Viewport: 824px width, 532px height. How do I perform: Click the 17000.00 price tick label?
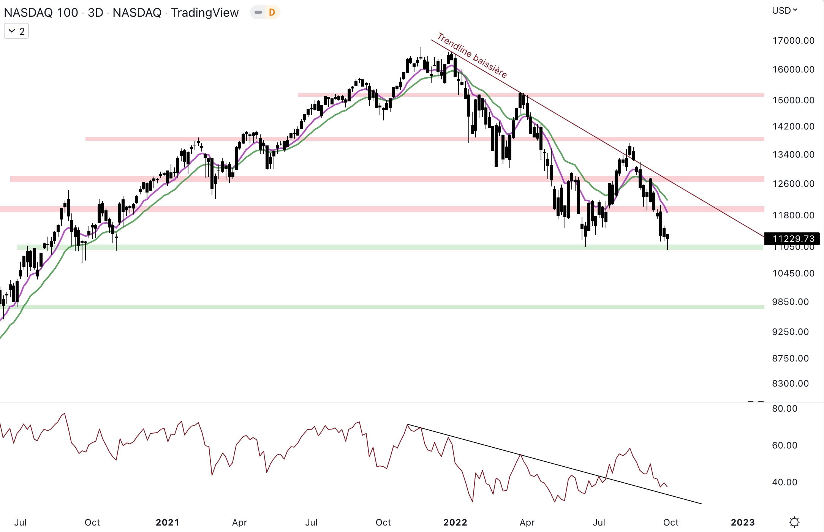pos(793,41)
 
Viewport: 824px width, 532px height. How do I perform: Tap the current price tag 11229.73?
pos(793,238)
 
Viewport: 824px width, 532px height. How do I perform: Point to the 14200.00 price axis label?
pos(793,126)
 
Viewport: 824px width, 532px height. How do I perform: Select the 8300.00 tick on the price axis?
pos(790,384)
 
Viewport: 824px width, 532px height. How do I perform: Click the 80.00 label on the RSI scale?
pos(784,409)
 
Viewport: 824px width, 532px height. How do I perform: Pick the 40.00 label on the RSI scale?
pos(784,482)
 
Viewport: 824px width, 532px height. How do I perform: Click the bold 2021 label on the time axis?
pos(168,523)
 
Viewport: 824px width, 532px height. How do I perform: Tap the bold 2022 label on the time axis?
pos(455,523)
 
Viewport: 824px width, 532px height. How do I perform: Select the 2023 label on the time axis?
pos(743,523)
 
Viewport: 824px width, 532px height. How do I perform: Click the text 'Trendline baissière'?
pos(472,55)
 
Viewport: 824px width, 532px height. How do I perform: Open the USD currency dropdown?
pos(784,11)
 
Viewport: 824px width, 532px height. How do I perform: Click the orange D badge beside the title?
pos(272,13)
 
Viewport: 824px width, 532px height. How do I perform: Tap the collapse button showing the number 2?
pos(16,31)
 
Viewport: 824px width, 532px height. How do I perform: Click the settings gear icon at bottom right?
pos(794,522)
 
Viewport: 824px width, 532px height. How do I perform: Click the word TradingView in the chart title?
pos(205,13)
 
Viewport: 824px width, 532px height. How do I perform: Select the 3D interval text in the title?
pos(95,13)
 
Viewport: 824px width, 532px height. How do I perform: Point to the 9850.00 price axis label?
pos(790,302)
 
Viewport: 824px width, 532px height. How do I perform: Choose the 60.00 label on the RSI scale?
pos(784,445)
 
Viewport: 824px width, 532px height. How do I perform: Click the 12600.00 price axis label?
pos(793,184)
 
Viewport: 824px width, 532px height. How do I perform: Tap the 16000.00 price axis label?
pos(793,69)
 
